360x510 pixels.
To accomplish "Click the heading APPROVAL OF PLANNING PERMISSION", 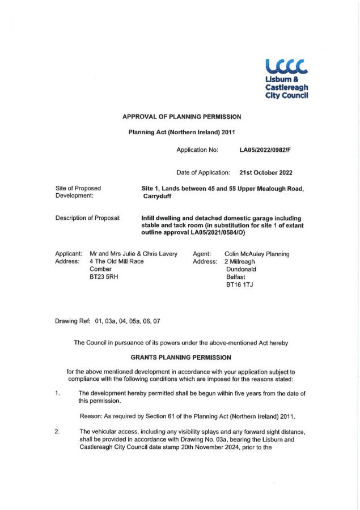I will (x=181, y=117).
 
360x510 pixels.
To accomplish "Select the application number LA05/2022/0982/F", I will (x=266, y=150).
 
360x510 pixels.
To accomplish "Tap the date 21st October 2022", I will (x=266, y=172).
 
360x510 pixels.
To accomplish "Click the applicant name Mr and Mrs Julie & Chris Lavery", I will (x=134, y=254).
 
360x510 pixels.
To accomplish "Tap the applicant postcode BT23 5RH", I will (x=104, y=277).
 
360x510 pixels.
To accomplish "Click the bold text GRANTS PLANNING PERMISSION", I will (x=181, y=358).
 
